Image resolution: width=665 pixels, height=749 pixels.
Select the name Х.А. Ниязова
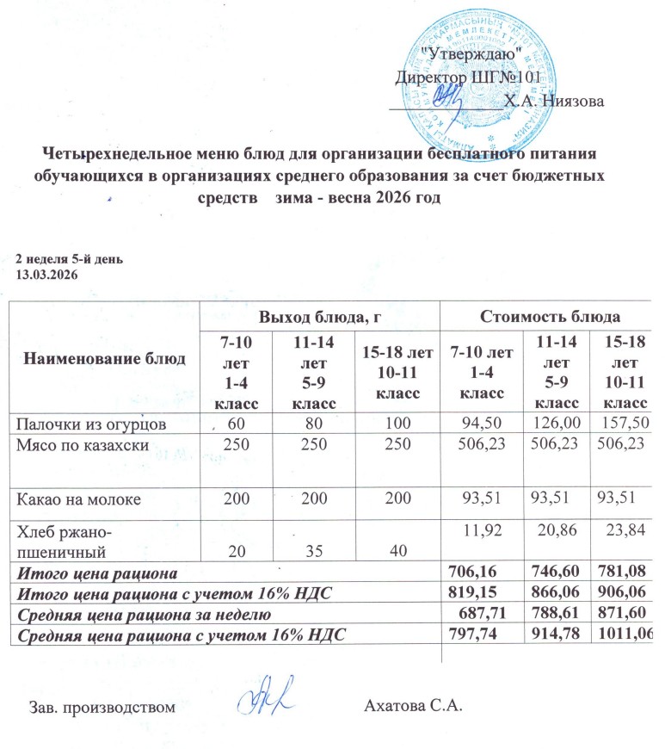pyautogui.click(x=554, y=100)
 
